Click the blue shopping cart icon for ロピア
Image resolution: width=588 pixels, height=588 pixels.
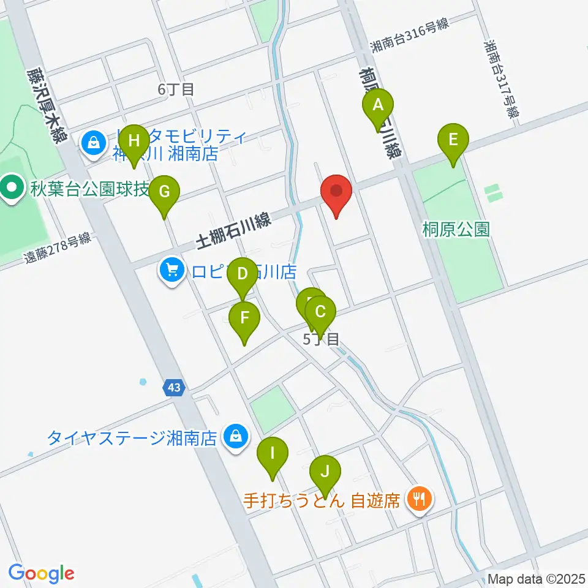click(172, 270)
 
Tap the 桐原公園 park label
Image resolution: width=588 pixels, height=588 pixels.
click(456, 230)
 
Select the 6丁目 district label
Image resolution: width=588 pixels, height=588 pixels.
click(176, 89)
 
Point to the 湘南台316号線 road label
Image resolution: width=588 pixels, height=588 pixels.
click(410, 36)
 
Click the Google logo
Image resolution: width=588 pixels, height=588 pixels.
click(41, 573)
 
